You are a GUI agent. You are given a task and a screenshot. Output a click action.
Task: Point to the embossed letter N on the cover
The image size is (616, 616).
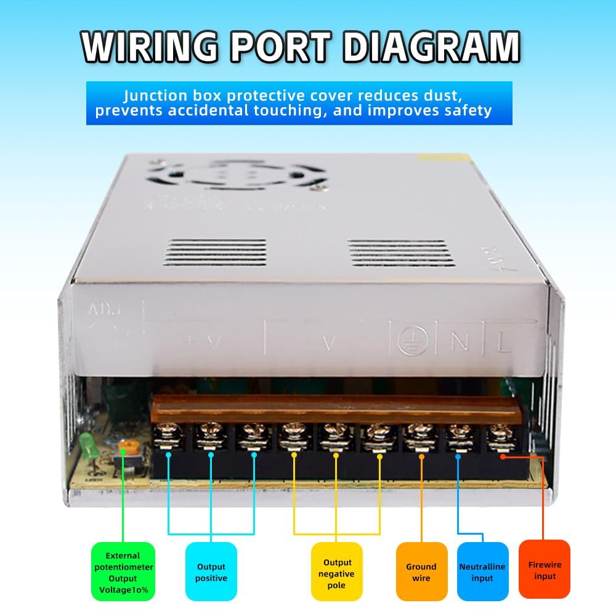458,342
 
